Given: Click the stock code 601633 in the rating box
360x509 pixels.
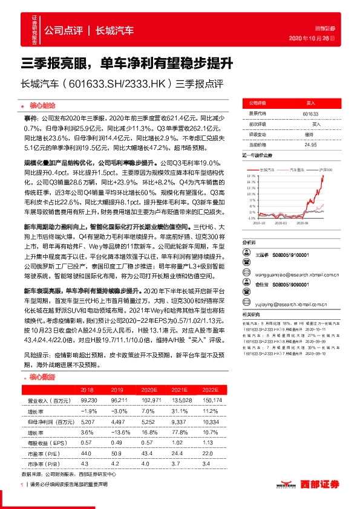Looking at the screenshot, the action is point(310,113).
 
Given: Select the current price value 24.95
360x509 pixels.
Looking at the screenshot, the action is point(310,144).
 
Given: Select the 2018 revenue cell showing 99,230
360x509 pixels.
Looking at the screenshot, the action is point(88,400).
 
